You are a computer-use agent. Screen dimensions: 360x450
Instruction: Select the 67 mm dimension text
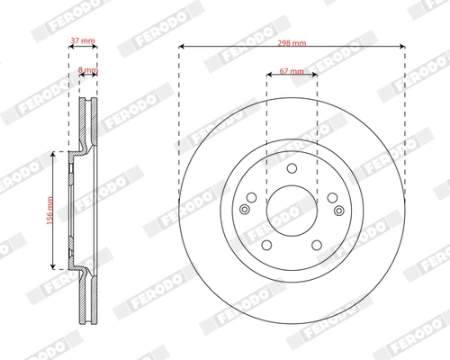[x=291, y=70]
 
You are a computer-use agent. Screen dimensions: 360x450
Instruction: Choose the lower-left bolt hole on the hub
[x=266, y=243]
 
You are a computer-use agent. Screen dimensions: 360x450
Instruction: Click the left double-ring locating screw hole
[x=244, y=209]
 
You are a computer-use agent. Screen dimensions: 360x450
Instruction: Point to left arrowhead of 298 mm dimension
[x=181, y=47]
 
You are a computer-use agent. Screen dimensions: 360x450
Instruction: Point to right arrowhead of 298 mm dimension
[x=401, y=47]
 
